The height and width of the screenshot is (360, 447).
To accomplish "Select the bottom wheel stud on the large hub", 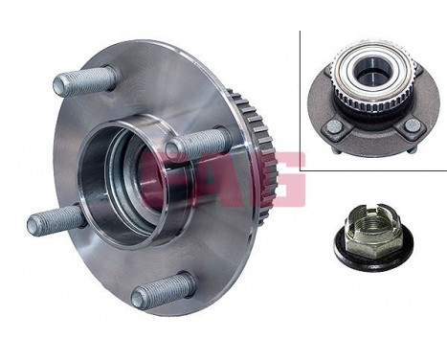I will tap(162, 290).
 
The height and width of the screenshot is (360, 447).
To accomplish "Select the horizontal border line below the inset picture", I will tap(373, 170).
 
